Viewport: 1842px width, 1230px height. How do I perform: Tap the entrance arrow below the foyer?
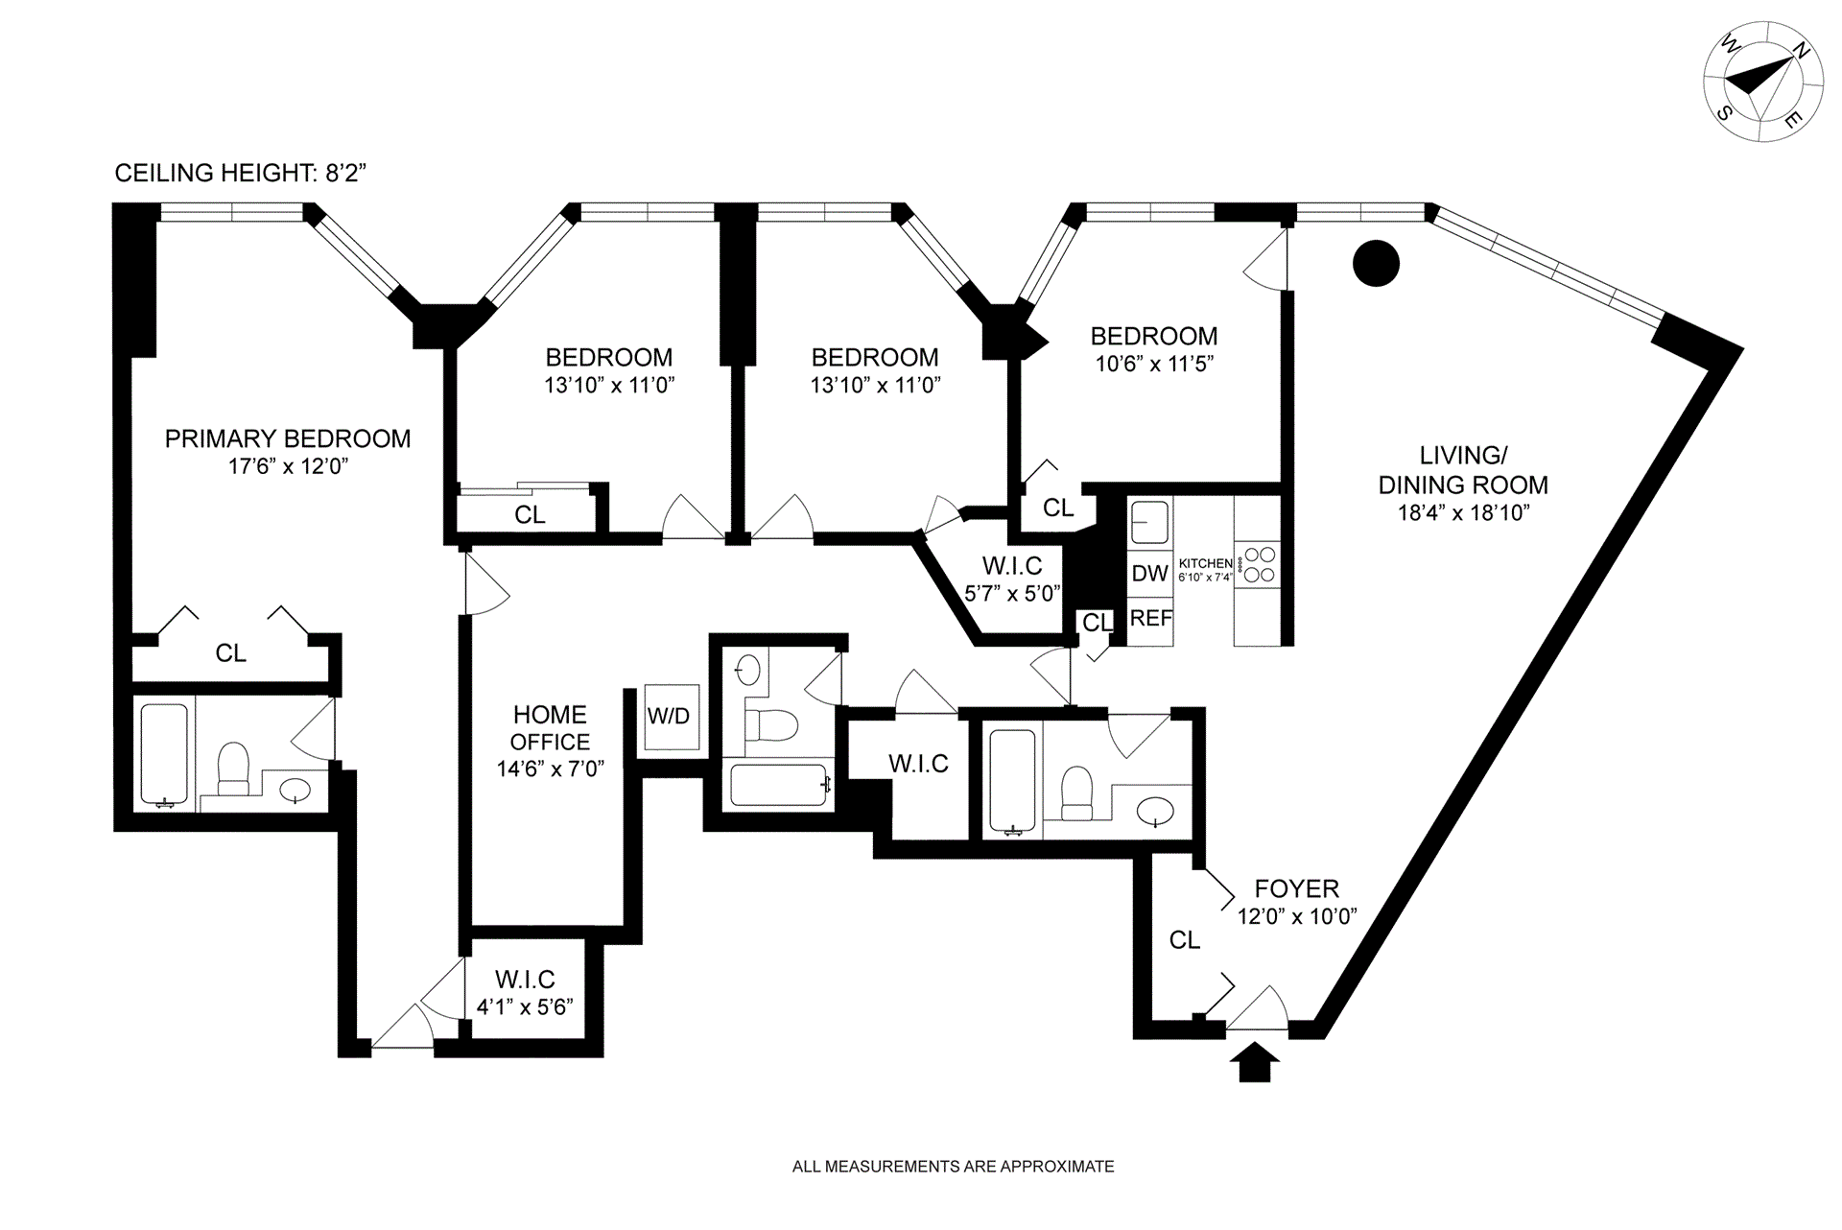click(x=1254, y=1063)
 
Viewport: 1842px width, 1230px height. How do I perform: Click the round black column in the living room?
click(x=1376, y=262)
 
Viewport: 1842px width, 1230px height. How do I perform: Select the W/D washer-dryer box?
click(x=669, y=717)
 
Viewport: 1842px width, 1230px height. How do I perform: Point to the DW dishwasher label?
click(x=1149, y=574)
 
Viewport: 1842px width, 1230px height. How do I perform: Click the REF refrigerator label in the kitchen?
click(x=1150, y=619)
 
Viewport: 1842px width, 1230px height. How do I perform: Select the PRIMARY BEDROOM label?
click(x=288, y=439)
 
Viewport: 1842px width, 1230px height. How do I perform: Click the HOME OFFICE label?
click(x=550, y=728)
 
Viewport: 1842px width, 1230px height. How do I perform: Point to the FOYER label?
click(x=1296, y=889)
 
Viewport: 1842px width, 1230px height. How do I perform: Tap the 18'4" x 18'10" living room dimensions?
click(x=1463, y=513)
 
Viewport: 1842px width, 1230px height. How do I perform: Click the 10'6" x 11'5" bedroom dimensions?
click(x=1154, y=365)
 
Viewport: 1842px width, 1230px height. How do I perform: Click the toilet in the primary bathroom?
click(x=233, y=769)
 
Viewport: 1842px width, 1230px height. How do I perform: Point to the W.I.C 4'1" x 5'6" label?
click(x=525, y=993)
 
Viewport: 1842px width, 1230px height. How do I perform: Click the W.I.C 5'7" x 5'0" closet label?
click(x=1012, y=579)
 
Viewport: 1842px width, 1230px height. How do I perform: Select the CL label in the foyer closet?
click(x=1185, y=941)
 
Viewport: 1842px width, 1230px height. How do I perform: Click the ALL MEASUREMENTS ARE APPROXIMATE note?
click(x=953, y=1168)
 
